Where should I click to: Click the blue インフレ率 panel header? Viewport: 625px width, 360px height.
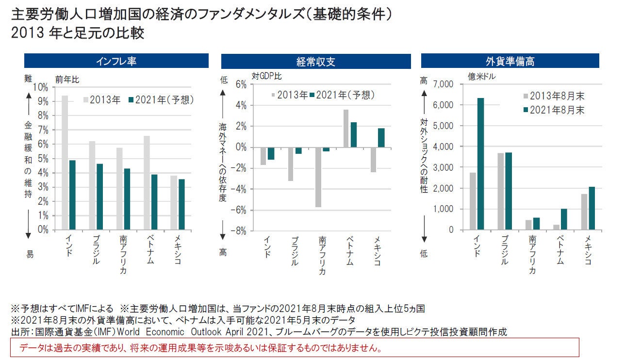(116, 61)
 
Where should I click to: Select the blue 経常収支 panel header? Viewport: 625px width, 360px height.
(316, 61)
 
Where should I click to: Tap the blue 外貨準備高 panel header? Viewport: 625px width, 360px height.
(510, 61)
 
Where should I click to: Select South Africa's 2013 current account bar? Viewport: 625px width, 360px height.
(318, 177)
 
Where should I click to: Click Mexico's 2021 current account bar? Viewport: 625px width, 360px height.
(381, 138)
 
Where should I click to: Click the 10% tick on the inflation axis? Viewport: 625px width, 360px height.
(41, 87)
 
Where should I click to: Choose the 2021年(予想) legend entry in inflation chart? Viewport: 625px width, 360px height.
(161, 99)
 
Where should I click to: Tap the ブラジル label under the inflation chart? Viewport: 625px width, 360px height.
(95, 250)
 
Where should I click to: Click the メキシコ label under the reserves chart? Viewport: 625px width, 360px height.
(587, 250)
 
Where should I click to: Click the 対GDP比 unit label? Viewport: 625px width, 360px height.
(266, 76)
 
